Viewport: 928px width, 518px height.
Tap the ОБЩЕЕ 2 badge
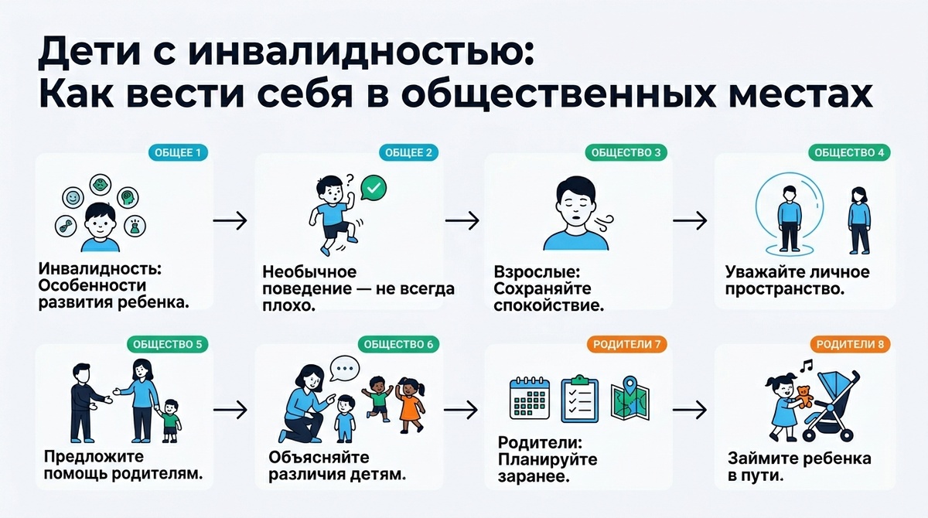click(x=407, y=152)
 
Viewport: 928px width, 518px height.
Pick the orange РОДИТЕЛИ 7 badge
click(x=627, y=343)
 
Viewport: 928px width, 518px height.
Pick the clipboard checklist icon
click(x=579, y=399)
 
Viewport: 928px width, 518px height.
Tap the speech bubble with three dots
click(x=346, y=369)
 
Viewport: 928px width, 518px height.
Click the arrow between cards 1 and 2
click(x=229, y=220)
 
